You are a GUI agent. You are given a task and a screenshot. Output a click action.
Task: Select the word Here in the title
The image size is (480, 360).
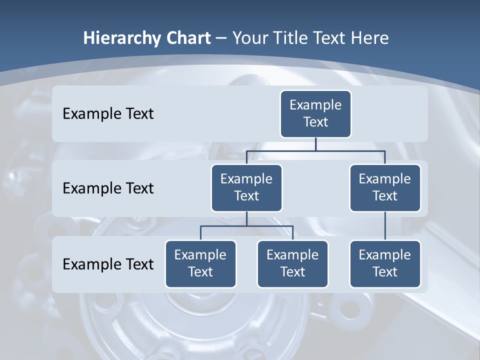[x=370, y=38]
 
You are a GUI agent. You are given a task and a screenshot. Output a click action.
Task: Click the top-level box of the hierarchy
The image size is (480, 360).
[x=315, y=113]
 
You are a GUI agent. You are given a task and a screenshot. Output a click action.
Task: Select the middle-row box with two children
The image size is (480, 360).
[x=246, y=187]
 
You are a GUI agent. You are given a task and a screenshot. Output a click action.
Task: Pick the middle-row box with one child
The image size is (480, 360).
[x=385, y=187]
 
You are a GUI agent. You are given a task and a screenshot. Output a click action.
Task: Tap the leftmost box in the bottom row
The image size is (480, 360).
[x=200, y=263]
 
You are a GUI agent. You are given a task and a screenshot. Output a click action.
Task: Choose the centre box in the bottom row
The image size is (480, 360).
[x=292, y=263]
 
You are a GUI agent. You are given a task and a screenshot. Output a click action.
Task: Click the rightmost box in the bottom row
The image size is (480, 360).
[x=385, y=263]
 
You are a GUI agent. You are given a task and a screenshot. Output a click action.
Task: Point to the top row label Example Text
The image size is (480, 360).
[x=108, y=114]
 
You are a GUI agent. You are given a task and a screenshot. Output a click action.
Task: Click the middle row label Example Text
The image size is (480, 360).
[x=108, y=188]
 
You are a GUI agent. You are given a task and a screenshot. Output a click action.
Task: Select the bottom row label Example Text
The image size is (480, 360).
[x=108, y=264]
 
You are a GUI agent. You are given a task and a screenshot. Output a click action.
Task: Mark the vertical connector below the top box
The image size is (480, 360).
[x=315, y=144]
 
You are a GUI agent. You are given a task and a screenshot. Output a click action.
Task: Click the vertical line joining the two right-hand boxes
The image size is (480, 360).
[x=385, y=226]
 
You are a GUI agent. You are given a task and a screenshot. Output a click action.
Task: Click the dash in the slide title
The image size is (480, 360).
[x=221, y=38]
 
